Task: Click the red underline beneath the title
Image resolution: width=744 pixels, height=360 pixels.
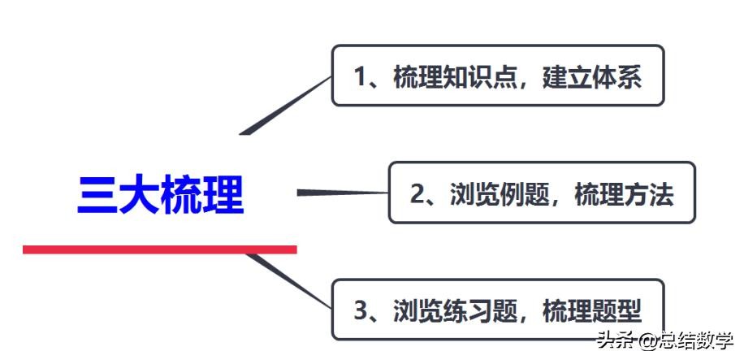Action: click(x=160, y=249)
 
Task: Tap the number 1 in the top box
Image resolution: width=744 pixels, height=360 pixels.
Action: click(x=361, y=77)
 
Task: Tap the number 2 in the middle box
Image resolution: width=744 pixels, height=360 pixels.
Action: click(x=418, y=194)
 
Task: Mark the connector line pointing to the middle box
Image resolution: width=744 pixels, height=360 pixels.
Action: click(x=341, y=193)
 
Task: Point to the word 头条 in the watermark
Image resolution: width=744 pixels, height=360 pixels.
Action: click(x=616, y=340)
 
